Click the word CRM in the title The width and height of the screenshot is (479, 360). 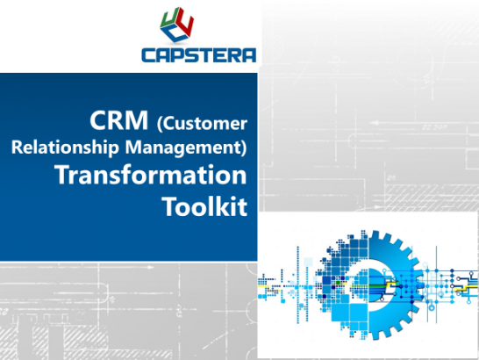click(112, 120)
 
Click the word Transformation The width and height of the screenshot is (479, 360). click(152, 174)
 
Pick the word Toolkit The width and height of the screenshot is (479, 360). click(207, 205)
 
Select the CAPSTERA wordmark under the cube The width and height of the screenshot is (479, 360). click(198, 54)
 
